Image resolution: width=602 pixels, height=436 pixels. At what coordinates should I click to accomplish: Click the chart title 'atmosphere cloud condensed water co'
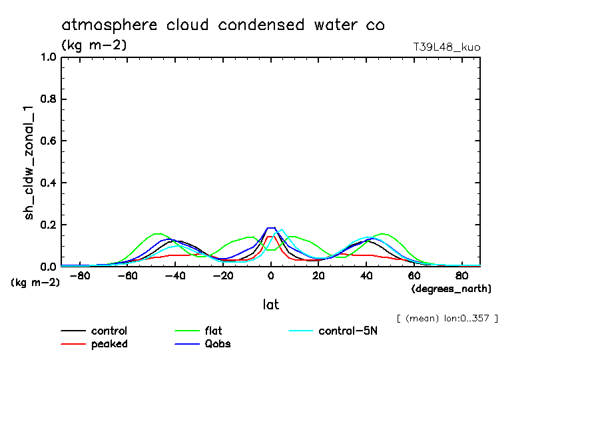223,25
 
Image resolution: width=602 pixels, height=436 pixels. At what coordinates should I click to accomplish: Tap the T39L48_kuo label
447,47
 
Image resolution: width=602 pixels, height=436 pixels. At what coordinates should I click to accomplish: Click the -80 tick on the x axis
80,275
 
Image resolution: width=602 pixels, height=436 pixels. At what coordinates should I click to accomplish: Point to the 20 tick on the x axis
318,275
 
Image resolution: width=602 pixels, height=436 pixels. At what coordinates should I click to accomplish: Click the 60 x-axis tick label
414,275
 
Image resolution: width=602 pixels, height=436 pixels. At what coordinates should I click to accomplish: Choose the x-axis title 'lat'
270,305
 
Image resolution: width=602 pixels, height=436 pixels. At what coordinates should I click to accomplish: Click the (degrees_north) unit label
451,289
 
